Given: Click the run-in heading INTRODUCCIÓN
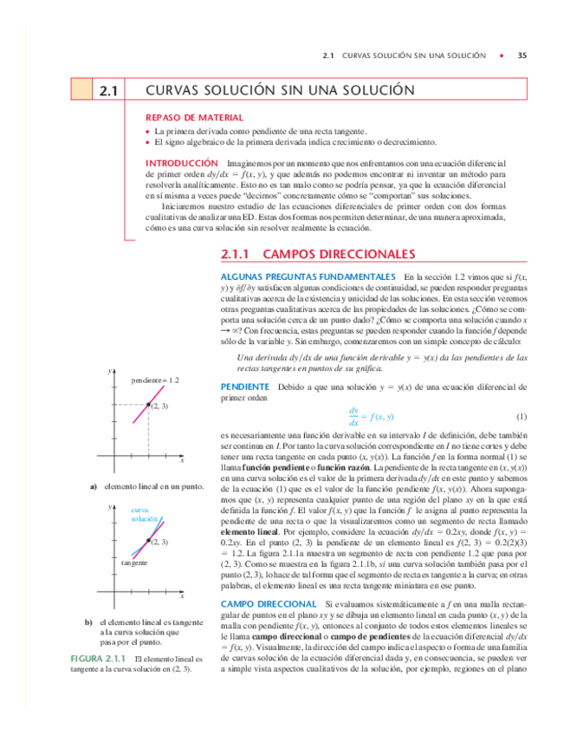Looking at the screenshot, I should pyautogui.click(x=181, y=163).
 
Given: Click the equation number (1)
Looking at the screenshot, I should pyautogui.click(x=521, y=416).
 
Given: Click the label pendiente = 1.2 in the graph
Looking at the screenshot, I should pyautogui.click(x=156, y=381).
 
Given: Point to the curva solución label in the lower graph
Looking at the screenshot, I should pyautogui.click(x=144, y=514).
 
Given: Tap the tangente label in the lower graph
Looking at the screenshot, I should pyautogui.click(x=133, y=563).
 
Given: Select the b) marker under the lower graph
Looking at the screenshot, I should pyautogui.click(x=88, y=622).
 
